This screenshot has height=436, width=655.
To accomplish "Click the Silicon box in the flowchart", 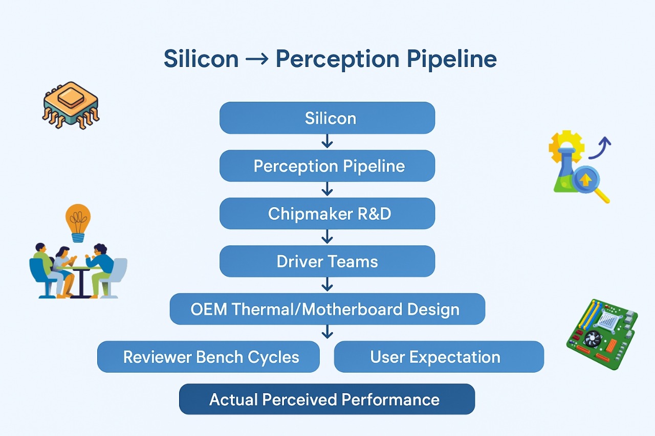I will click(x=327, y=118).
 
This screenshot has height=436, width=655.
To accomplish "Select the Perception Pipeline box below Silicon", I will click(x=327, y=166).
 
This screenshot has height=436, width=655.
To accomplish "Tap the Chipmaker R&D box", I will click(x=327, y=214).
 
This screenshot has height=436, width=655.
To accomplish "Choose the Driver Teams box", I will click(x=327, y=262).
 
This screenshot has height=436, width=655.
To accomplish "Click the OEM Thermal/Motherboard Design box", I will click(x=327, y=309).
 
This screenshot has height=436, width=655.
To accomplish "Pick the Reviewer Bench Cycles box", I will click(x=208, y=357).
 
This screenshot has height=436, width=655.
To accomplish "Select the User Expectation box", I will click(x=439, y=357).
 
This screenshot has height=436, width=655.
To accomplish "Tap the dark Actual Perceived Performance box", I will click(x=327, y=399).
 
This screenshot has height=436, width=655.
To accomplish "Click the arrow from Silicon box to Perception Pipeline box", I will click(x=327, y=142).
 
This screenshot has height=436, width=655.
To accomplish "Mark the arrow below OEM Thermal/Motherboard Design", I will click(x=327, y=333).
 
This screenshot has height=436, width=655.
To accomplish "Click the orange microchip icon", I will click(x=71, y=104).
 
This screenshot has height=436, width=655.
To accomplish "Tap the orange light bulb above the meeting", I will click(x=78, y=222).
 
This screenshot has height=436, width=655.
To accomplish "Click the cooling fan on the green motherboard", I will click(x=593, y=338).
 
